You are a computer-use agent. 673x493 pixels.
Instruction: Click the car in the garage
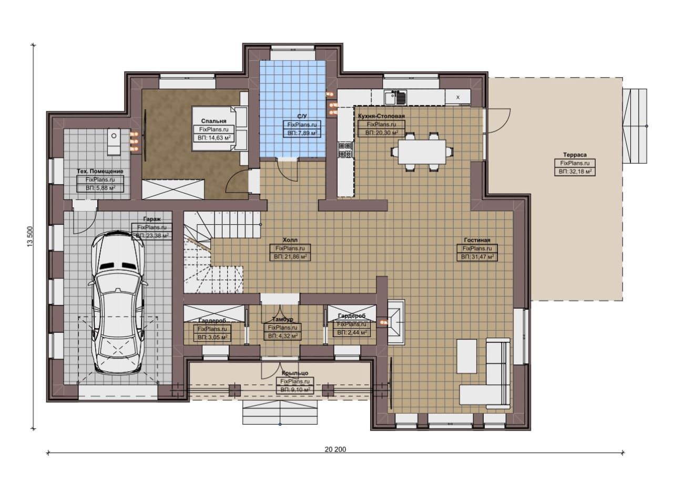(x=118, y=302)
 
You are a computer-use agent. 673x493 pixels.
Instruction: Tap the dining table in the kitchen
(x=422, y=152)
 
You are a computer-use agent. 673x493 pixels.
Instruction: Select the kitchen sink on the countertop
(x=395, y=97)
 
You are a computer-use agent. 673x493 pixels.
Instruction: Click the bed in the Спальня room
(x=219, y=129)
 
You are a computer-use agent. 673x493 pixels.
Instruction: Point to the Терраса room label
(x=575, y=155)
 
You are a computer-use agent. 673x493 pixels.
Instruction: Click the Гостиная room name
(x=477, y=240)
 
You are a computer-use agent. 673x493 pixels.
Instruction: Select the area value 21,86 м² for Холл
(x=290, y=257)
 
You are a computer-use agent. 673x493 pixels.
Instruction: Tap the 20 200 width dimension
(x=335, y=449)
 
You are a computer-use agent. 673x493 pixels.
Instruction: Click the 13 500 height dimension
(x=30, y=237)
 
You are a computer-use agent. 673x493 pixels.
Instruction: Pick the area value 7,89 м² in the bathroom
(x=302, y=133)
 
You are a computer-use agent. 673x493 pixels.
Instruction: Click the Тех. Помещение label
(x=100, y=171)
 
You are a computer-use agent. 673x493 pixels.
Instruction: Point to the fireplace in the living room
(x=396, y=322)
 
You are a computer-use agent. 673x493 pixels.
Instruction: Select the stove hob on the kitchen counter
(x=345, y=150)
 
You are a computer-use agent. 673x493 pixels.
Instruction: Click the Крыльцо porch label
(x=295, y=373)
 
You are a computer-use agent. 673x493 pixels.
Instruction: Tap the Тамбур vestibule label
(x=282, y=319)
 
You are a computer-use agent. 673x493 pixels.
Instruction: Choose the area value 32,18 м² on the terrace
(x=575, y=172)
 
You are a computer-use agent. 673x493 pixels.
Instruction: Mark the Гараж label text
(x=152, y=219)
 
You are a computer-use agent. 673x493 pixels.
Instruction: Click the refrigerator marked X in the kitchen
(x=457, y=97)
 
